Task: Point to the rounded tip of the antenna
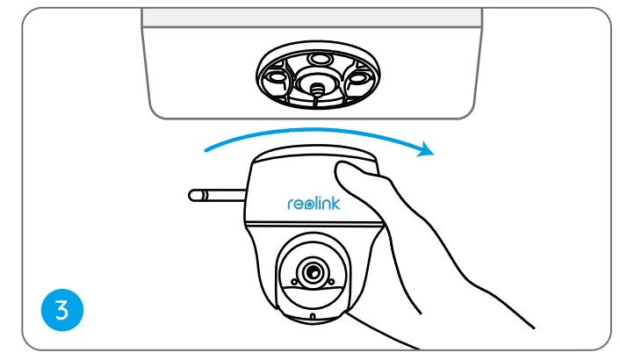point(193,191)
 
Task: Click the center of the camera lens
point(309,272)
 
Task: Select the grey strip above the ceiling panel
point(313,17)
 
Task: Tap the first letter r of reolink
point(291,204)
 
